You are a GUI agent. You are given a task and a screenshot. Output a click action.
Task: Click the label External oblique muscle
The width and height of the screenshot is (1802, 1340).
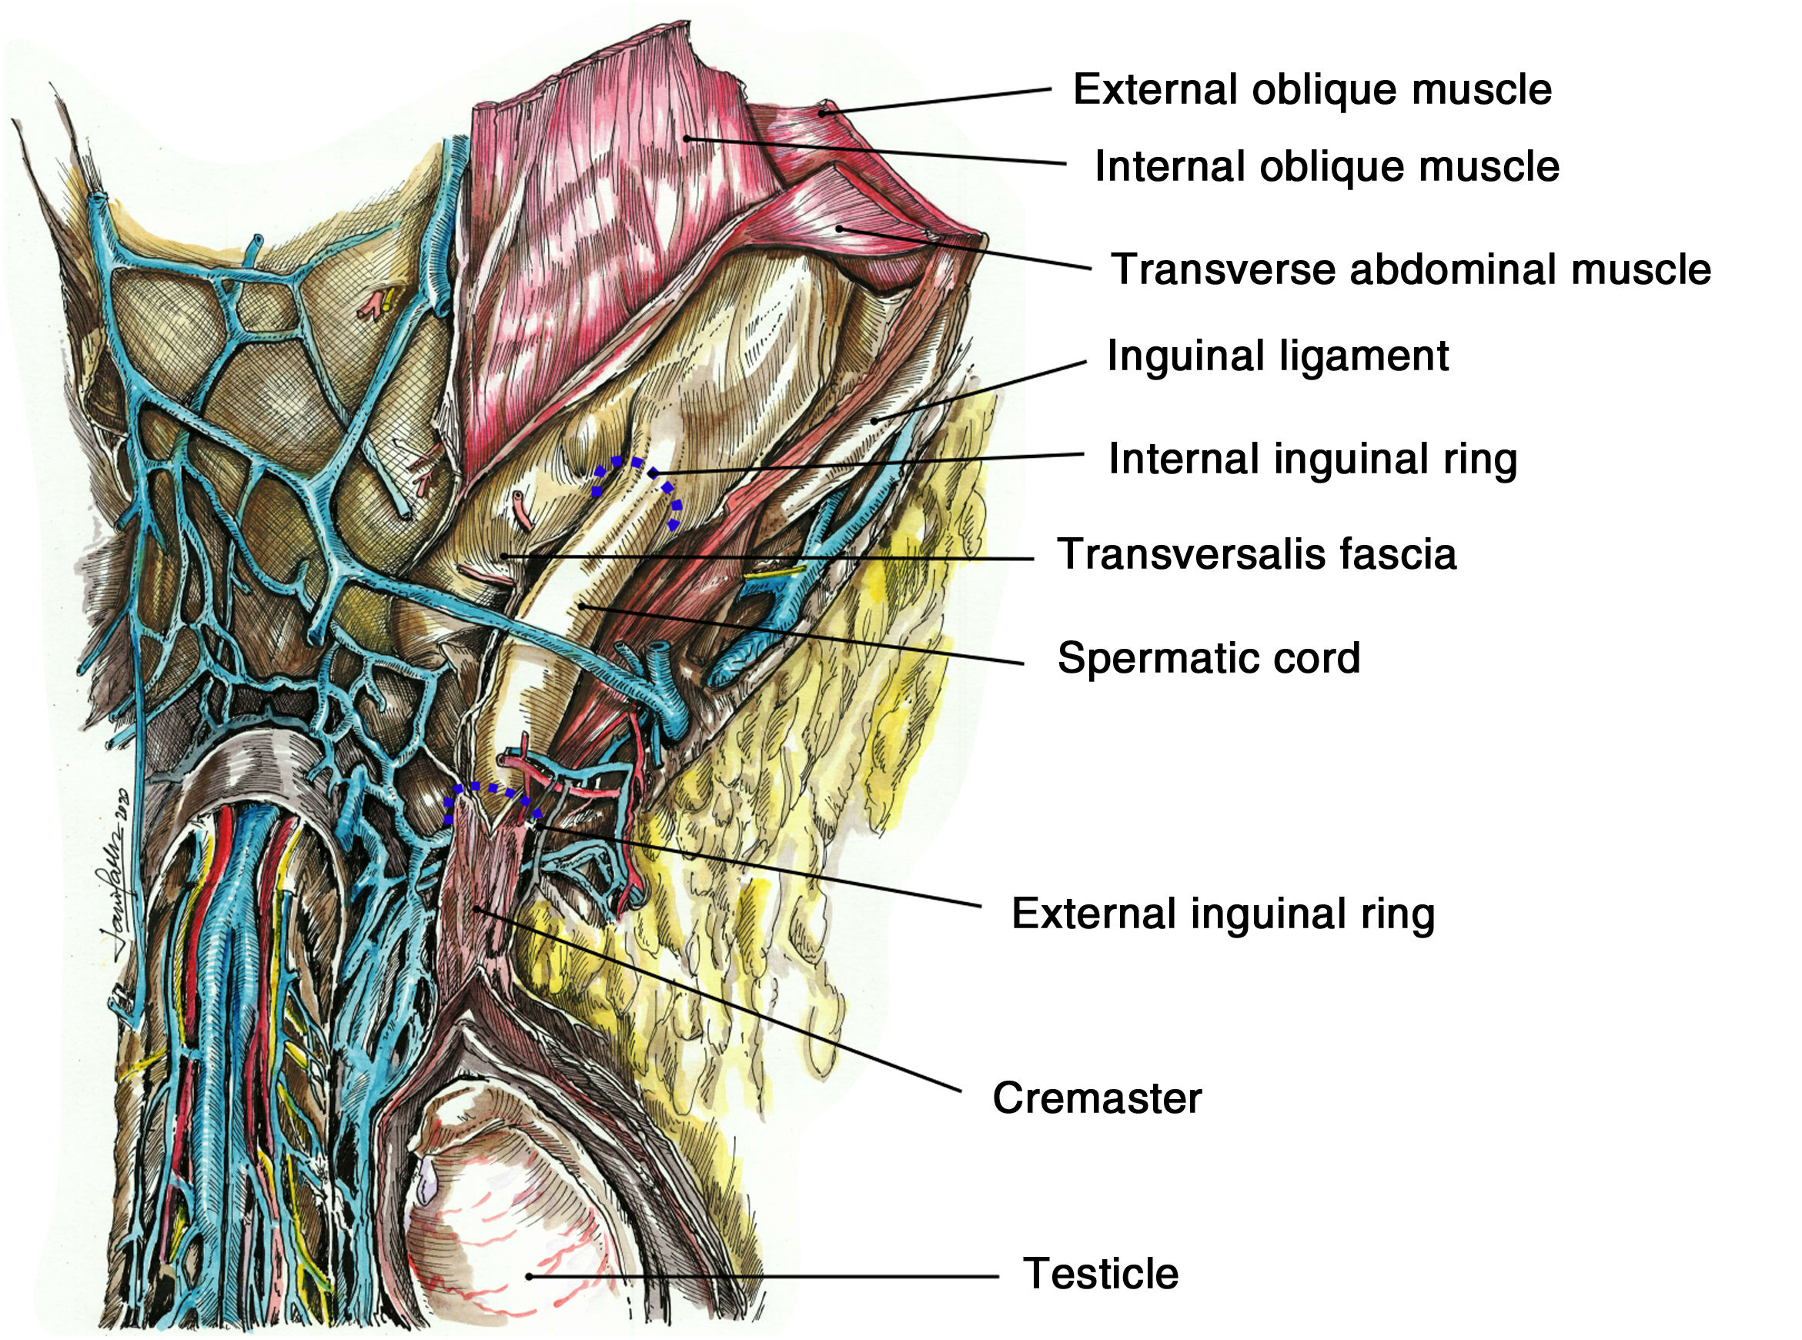[1312, 89]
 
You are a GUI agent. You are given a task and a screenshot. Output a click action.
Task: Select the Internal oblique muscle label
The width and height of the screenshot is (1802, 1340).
[1326, 166]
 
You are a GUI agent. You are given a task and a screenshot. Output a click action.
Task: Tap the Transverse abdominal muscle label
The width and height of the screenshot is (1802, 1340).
[1410, 269]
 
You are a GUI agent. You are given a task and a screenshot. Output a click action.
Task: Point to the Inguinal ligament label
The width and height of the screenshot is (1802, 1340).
[1277, 356]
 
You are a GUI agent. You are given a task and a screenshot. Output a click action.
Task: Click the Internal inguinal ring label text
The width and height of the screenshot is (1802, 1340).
[1312, 459]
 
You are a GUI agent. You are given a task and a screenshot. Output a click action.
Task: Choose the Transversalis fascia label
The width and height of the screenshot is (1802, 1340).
[1256, 555]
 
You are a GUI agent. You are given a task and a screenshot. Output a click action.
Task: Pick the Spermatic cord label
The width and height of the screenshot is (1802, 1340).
[1209, 658]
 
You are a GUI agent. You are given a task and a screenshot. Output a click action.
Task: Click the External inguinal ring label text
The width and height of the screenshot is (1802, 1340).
[1223, 914]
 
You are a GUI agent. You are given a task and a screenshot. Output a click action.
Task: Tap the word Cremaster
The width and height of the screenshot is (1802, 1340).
[1096, 1098]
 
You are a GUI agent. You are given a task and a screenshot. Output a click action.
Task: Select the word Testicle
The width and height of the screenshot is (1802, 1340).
[1100, 1274]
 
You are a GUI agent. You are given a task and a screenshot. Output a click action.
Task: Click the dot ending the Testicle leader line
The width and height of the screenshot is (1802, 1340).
[529, 1276]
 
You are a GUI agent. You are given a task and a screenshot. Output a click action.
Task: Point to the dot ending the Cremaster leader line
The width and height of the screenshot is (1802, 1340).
[478, 909]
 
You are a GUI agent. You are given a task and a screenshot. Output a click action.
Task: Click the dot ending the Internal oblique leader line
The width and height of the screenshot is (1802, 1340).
[686, 139]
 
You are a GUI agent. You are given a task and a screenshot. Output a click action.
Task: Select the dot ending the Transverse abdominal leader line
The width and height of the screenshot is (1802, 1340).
[839, 229]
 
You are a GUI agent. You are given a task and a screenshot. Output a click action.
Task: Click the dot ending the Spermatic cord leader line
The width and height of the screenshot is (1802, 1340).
[581, 605]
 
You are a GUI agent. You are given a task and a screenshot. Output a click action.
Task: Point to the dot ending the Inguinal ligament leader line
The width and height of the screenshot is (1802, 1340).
[874, 421]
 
